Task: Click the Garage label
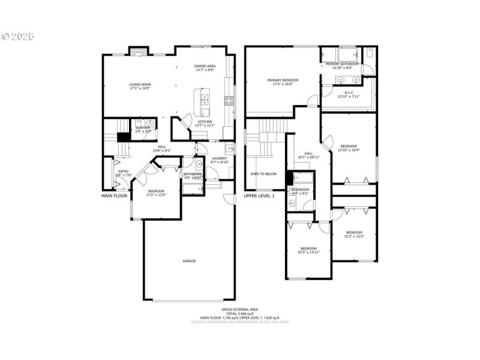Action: [190, 261]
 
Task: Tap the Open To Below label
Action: [263, 174]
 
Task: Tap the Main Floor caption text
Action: [115, 196]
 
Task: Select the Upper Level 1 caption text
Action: [259, 196]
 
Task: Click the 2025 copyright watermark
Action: [18, 36]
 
